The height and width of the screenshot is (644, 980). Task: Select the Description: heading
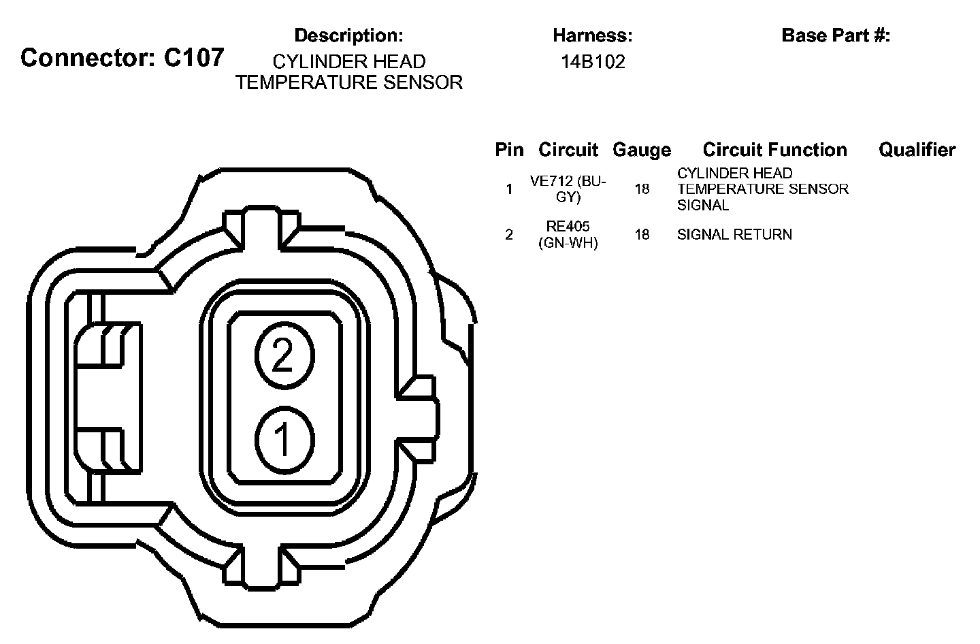point(348,35)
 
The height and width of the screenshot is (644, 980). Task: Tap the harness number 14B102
point(593,62)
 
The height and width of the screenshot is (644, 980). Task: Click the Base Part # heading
point(836,35)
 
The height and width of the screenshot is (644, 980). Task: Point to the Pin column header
point(509,150)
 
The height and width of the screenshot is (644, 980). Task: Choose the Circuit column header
point(568,150)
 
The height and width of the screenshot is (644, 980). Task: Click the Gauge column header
point(642,150)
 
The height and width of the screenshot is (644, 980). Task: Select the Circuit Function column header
point(774,150)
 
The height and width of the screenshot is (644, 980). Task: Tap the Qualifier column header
point(917,150)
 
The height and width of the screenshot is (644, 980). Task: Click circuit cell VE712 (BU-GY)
point(568,189)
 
